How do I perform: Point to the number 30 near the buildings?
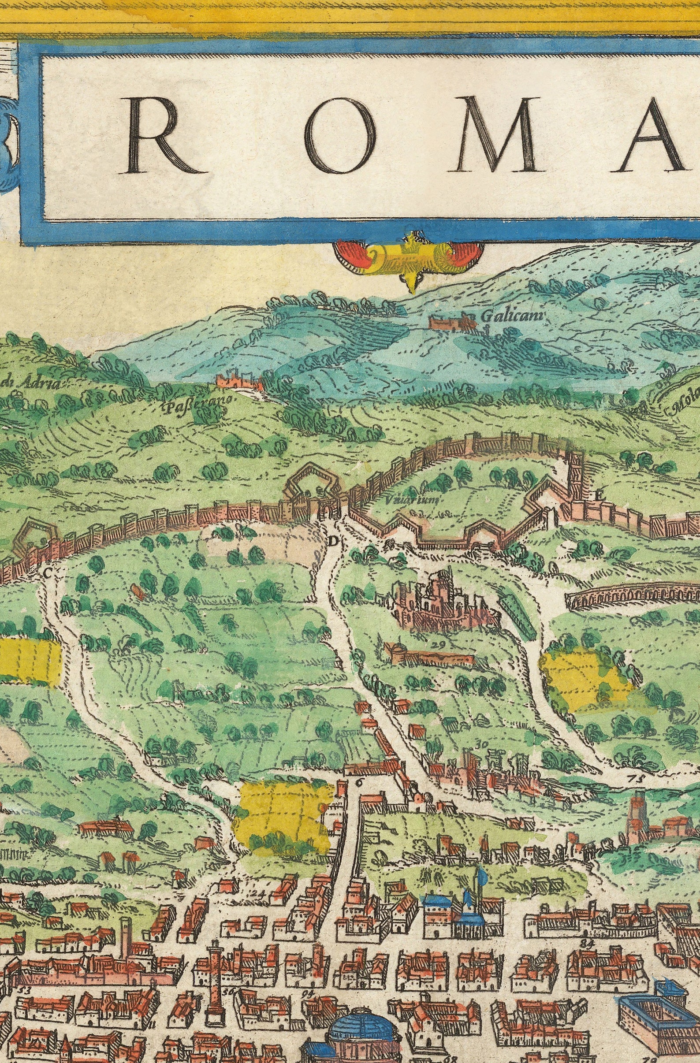coord(480,744)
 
